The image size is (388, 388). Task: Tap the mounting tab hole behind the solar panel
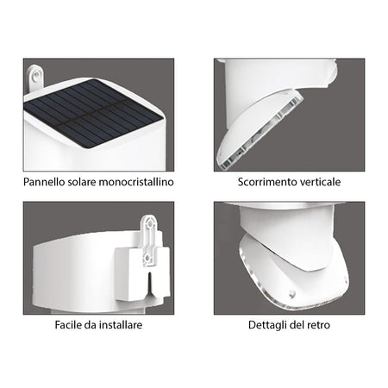(34, 78)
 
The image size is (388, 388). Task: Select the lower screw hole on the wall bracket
(151, 256)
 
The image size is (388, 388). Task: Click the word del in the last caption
(298, 326)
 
